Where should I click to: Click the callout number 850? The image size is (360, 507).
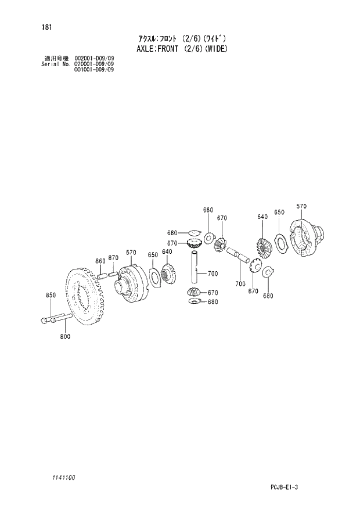point(51,296)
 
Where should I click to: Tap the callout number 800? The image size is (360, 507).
point(64,337)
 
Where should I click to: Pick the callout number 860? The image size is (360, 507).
point(100,261)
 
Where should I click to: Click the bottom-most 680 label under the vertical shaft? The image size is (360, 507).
point(213,301)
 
